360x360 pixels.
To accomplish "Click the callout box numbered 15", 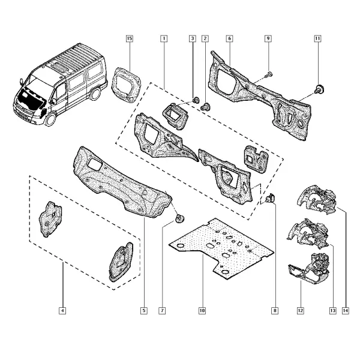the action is [130, 38].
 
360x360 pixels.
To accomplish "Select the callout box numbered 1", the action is [164, 38].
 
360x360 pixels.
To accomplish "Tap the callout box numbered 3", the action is [193, 38].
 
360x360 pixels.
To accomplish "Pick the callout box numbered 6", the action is [229, 38].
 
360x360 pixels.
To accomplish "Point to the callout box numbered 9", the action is [268, 38].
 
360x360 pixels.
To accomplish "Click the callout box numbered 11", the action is [317, 38].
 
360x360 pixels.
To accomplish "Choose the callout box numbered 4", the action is [62, 311].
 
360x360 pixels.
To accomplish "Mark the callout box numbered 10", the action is [202, 311].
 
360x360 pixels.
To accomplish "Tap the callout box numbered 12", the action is [301, 311].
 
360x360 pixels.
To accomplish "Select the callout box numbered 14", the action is [346, 311].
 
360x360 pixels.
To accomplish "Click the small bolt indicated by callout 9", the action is [269, 74].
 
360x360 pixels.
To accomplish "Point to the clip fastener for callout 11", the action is [319, 89].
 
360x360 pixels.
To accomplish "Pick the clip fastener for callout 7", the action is [179, 218].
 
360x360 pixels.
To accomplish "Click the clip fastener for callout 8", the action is [270, 198].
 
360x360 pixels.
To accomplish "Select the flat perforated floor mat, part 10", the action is [221, 248].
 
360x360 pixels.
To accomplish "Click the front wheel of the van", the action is [50, 119].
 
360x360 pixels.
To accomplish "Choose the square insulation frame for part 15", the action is [126, 85].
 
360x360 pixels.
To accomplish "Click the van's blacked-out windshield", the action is [30, 99].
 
